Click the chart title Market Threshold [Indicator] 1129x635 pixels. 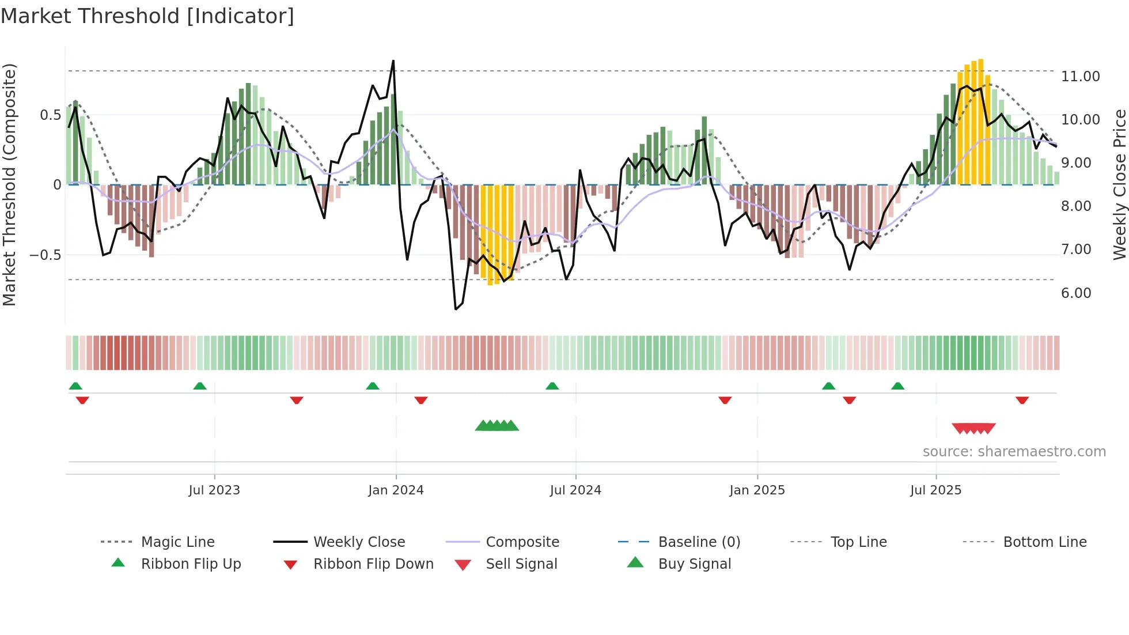click(x=147, y=16)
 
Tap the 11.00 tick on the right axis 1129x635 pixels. click(x=1080, y=77)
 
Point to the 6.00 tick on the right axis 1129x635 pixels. click(x=1076, y=293)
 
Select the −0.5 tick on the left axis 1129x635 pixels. click(x=46, y=255)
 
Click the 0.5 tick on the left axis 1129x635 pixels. click(x=50, y=115)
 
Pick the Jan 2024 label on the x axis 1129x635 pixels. click(x=396, y=490)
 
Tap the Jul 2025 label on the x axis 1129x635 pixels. click(x=935, y=490)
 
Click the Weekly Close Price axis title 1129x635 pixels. click(x=1119, y=184)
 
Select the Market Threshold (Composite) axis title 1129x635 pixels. click(x=9, y=184)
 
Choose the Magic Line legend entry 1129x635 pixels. click(x=177, y=542)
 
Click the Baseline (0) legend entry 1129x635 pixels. click(x=699, y=542)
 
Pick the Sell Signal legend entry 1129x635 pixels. click(x=521, y=564)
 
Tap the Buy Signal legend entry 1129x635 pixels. click(x=694, y=564)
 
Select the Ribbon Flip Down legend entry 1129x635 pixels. click(x=373, y=564)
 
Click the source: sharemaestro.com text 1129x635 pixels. click(x=1014, y=452)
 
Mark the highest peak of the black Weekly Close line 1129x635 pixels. click(x=393, y=61)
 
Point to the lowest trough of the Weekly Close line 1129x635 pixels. click(x=456, y=309)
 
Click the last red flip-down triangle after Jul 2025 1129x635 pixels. click(x=1022, y=400)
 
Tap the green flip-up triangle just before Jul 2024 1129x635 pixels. click(x=552, y=386)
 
